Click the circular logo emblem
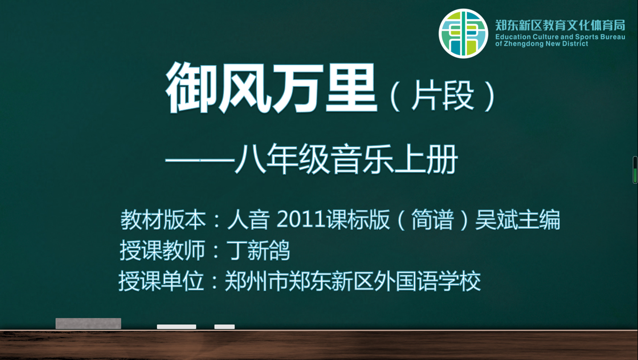(x=463, y=34)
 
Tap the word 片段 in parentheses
(x=443, y=96)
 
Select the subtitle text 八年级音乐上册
(x=346, y=159)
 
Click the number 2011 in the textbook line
(x=301, y=219)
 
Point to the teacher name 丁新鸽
(x=258, y=250)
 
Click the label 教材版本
(x=163, y=219)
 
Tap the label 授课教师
(x=163, y=250)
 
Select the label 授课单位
(x=162, y=281)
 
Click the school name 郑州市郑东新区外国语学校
(x=353, y=281)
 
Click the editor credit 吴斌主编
(x=518, y=219)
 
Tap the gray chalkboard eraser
(x=88, y=323)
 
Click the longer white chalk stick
(x=177, y=327)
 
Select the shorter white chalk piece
(x=224, y=327)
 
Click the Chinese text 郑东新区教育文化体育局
(x=560, y=25)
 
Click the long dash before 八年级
(x=200, y=161)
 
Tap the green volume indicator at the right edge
(x=635, y=170)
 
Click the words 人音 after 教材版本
(x=248, y=219)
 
